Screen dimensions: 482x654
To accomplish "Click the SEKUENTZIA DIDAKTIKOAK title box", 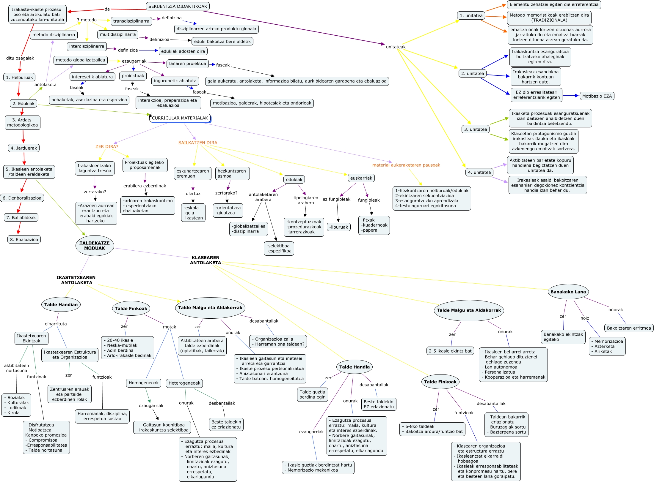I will [x=178, y=6].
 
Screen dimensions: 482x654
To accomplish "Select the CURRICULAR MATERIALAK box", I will [x=180, y=118].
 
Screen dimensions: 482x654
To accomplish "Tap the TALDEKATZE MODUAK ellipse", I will [x=95, y=246].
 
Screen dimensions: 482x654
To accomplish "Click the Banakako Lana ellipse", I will [x=568, y=292].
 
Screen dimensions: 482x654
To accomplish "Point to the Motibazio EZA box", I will [x=597, y=96].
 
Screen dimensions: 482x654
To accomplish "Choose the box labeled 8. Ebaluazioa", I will [x=24, y=239].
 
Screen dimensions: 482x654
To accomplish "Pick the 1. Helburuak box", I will [x=20, y=77].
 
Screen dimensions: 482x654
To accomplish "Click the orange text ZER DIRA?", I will [x=107, y=146].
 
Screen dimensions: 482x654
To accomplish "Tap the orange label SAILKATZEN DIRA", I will [x=198, y=143].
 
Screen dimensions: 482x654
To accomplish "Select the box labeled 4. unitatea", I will [x=479, y=172].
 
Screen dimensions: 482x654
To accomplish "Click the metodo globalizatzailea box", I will [x=80, y=60].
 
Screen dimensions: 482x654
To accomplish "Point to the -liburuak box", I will [x=338, y=227].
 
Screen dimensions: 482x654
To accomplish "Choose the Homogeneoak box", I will [x=144, y=383].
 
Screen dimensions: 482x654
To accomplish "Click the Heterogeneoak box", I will [x=184, y=383].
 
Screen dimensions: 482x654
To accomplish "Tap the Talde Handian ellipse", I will [x=61, y=304].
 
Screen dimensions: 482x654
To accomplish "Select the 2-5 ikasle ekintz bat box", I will [x=450, y=351].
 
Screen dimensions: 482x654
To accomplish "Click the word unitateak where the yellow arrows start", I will [x=396, y=47].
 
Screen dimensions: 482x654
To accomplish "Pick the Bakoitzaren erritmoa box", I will [x=629, y=328].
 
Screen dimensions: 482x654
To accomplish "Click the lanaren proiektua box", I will [x=187, y=64].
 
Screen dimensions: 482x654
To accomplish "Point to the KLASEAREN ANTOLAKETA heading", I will [x=206, y=260].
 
